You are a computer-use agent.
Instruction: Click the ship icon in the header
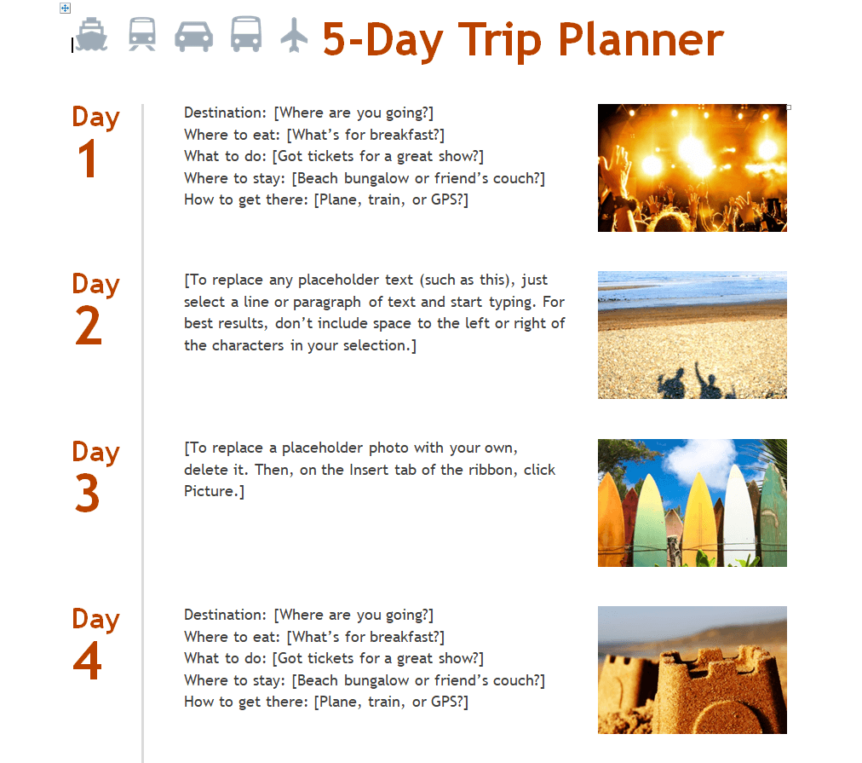tap(91, 35)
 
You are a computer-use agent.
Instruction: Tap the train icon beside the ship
tap(142, 34)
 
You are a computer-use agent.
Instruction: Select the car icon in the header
tap(193, 37)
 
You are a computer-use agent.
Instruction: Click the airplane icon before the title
tap(294, 35)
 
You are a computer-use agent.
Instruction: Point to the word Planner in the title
tap(641, 41)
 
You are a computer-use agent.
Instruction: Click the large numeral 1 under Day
tap(88, 159)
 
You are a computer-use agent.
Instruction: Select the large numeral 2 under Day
tap(89, 326)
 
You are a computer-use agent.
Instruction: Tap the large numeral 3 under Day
tap(88, 494)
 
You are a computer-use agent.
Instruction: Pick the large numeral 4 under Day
tap(88, 661)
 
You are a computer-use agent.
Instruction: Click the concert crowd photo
tap(692, 168)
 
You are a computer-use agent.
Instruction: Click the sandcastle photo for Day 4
tap(692, 670)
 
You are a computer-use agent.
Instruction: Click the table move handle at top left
tap(65, 9)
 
